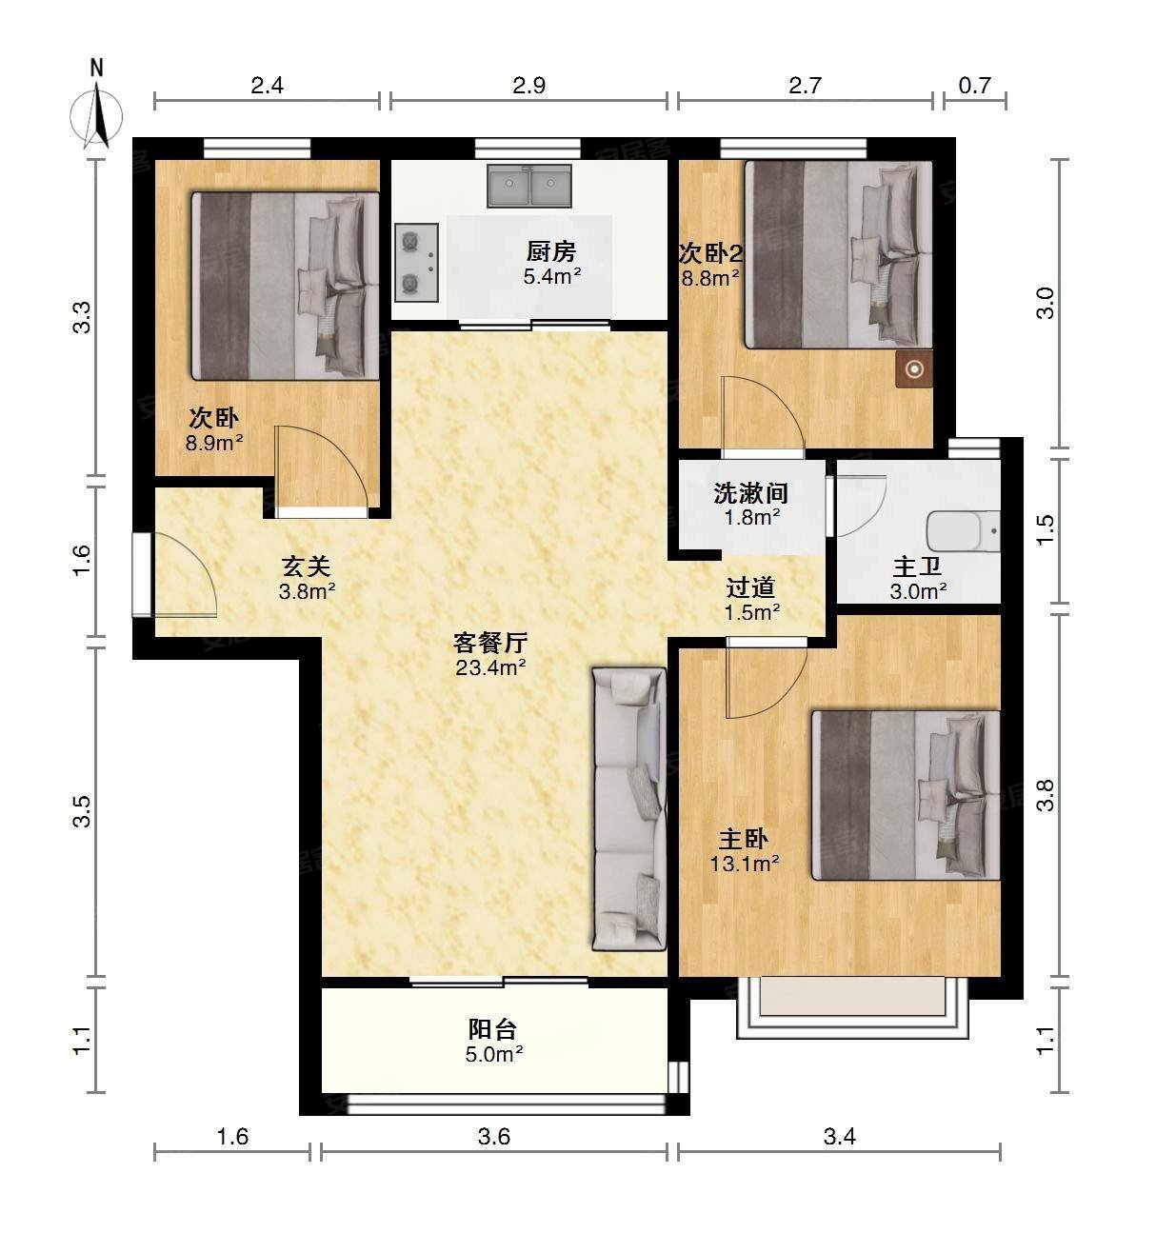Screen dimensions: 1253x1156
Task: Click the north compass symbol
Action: click(96, 113)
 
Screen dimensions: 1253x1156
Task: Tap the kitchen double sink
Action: click(529, 186)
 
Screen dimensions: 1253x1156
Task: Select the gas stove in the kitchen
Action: click(415, 262)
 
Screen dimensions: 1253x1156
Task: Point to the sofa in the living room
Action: click(628, 809)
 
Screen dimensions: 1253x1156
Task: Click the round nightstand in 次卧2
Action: click(915, 369)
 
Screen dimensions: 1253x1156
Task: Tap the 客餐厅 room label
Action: click(490, 643)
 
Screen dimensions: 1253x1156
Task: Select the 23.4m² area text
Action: click(490, 667)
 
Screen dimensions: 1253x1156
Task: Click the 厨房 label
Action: click(551, 252)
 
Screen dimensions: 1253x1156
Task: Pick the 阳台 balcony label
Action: click(493, 1029)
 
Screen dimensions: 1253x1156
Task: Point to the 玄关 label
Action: click(306, 567)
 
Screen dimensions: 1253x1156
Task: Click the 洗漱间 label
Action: click(750, 493)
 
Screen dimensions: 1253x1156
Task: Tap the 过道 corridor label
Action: click(751, 588)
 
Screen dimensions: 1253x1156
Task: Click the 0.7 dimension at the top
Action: click(974, 86)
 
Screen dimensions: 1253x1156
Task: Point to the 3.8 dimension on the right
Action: click(1046, 795)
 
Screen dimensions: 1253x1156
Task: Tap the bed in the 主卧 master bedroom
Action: click(905, 795)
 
